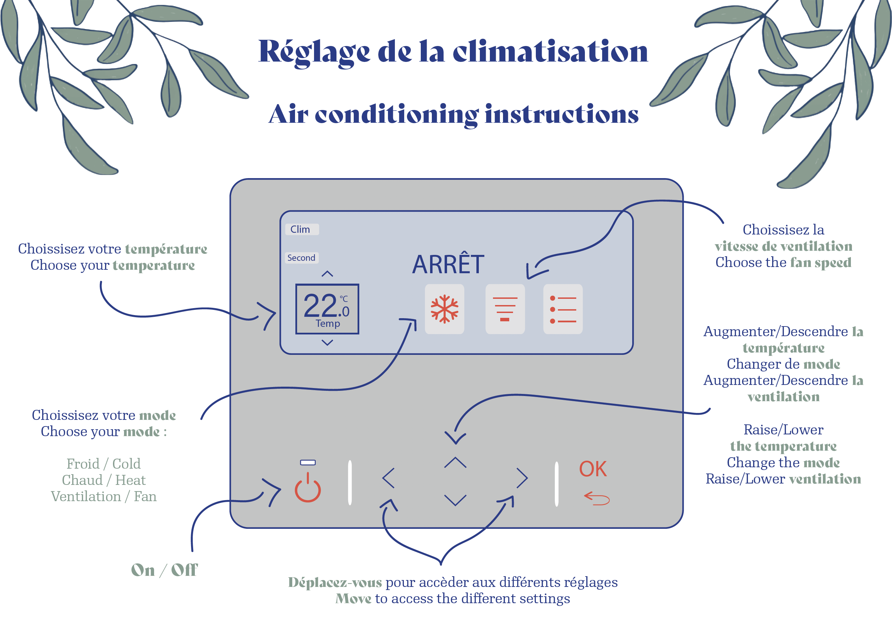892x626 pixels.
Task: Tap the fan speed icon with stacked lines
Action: coord(505,309)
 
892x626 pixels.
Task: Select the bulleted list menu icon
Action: coord(562,309)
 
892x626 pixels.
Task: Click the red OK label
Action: coord(592,469)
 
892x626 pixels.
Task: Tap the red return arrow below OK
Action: coord(597,498)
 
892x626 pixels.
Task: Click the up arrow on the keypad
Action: coord(455,462)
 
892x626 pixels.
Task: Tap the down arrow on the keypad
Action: coord(455,500)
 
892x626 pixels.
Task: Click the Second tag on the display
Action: coord(302,258)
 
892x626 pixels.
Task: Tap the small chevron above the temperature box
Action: coord(327,274)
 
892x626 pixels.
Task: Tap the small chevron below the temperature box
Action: coord(327,342)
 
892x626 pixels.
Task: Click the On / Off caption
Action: coord(164,570)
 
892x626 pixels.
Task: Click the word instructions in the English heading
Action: coord(561,114)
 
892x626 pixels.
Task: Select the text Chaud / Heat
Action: coord(104,480)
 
